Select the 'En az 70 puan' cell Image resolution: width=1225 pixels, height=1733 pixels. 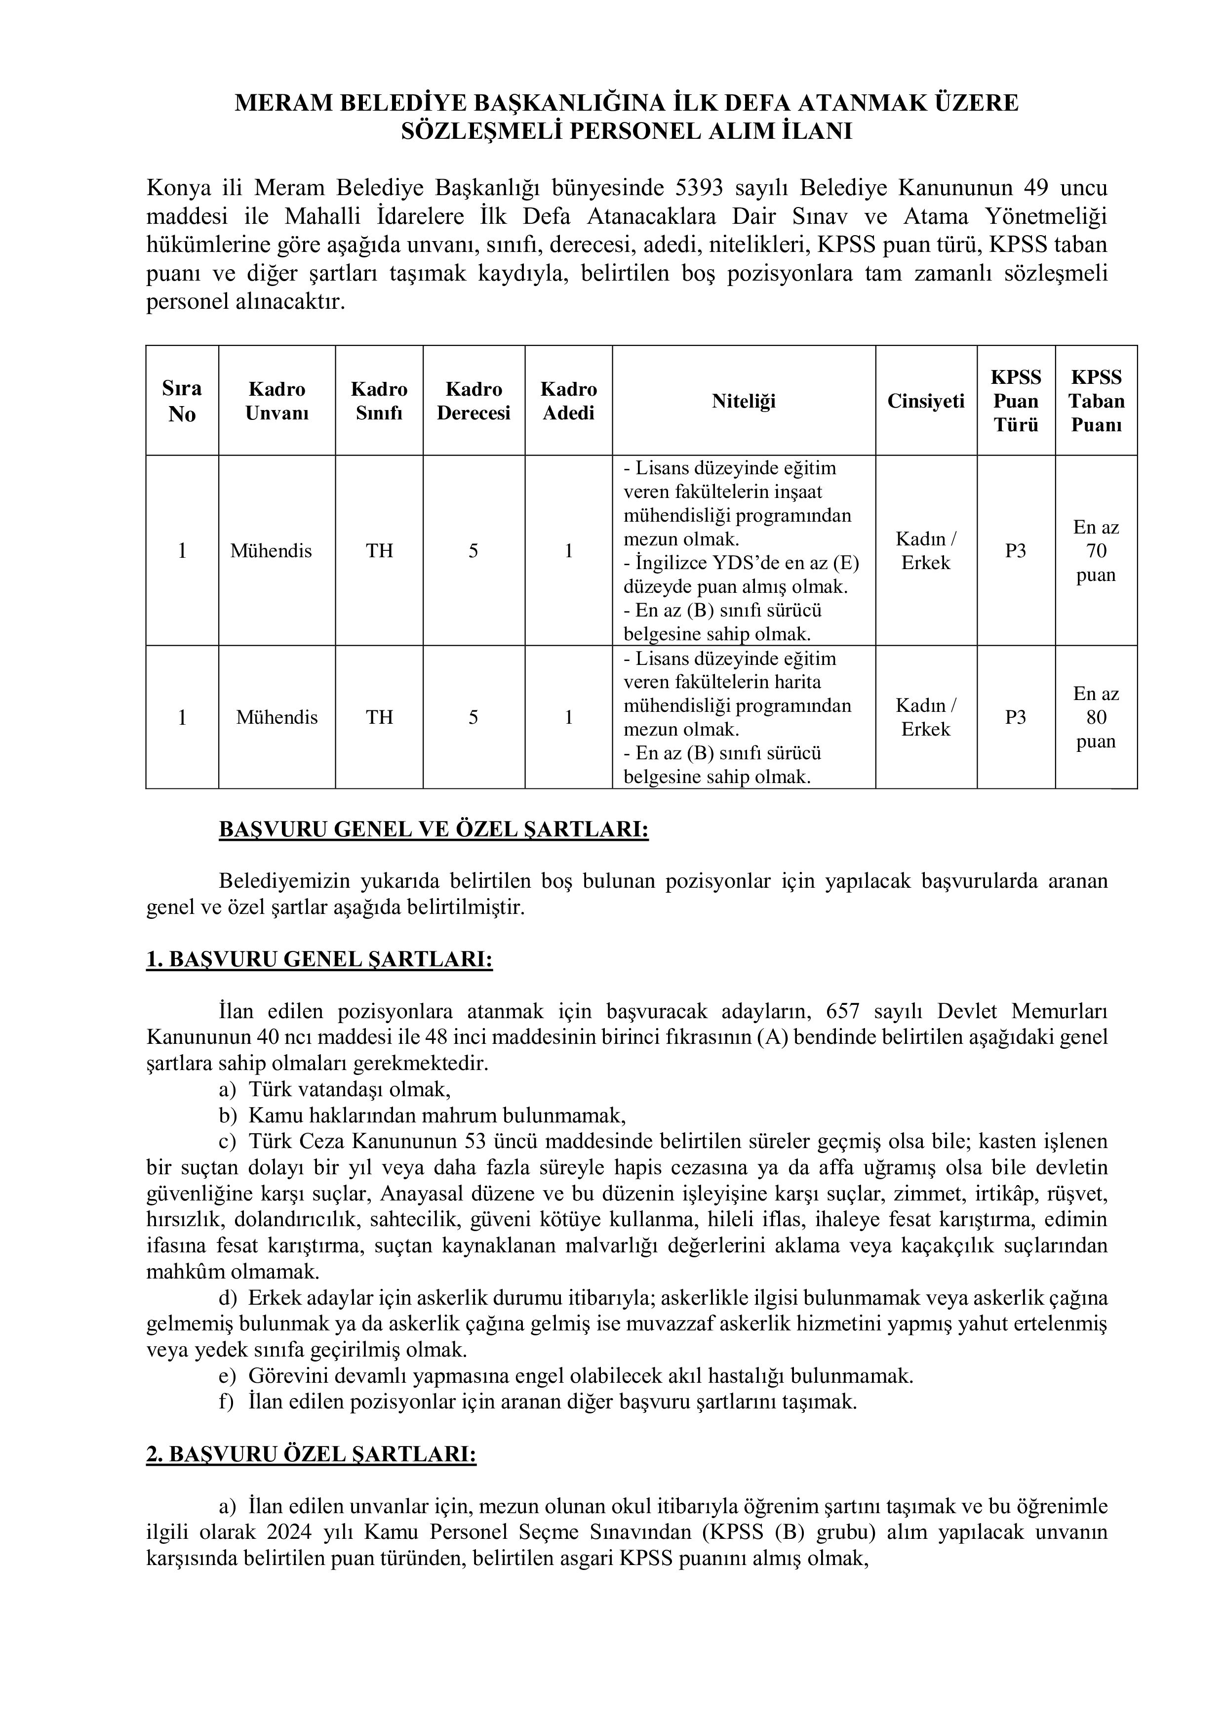point(1096,551)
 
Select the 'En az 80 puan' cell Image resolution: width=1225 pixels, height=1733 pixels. point(1096,717)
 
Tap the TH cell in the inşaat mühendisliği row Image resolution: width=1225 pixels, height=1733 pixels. point(379,551)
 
